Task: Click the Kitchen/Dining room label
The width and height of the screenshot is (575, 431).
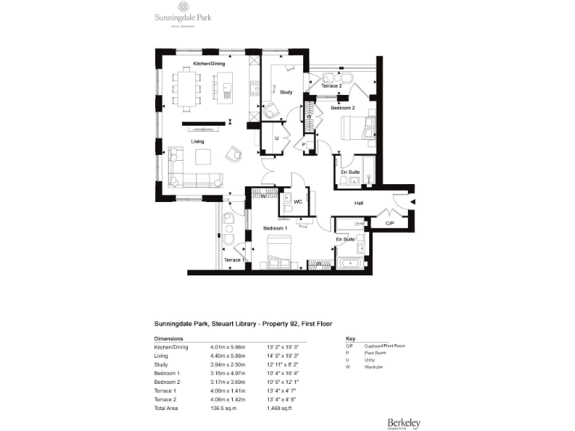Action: click(x=210, y=64)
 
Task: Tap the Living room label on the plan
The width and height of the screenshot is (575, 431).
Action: click(x=198, y=141)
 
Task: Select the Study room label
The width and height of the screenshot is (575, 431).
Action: click(x=286, y=92)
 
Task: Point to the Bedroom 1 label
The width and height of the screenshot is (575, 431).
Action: click(x=276, y=227)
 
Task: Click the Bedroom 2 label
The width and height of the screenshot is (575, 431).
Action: click(x=344, y=108)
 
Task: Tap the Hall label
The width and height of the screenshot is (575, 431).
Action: click(x=359, y=202)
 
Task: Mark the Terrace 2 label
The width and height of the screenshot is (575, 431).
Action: click(x=332, y=87)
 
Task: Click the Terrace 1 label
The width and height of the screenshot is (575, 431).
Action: click(x=234, y=260)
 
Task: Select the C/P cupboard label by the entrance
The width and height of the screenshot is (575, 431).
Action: click(x=390, y=223)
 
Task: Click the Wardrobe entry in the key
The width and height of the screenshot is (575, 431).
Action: click(x=374, y=367)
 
